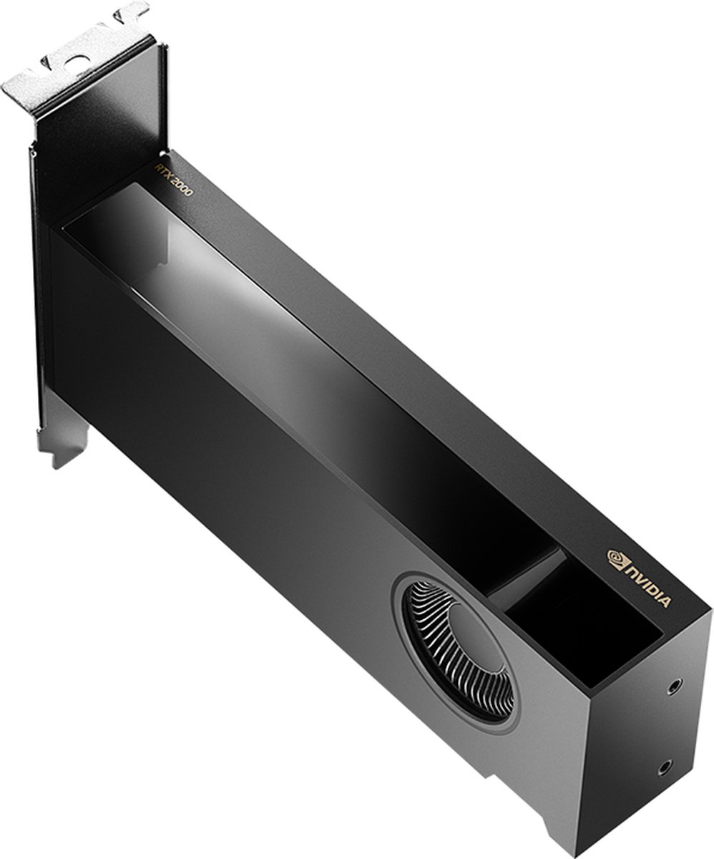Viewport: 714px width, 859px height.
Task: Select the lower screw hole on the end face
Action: click(x=665, y=768)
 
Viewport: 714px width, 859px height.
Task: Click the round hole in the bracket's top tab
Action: click(x=77, y=60)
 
